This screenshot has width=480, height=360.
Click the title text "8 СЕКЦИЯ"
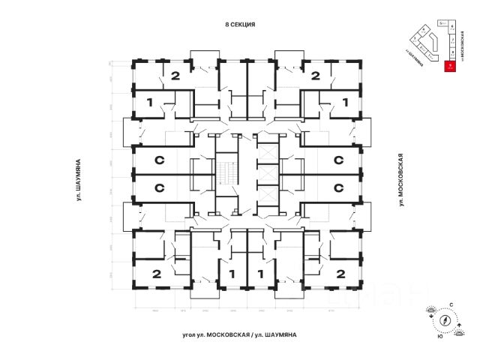point(241,24)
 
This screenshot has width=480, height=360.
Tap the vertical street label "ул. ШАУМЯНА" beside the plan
point(78,179)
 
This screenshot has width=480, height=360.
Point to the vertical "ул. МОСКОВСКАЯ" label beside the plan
point(402,179)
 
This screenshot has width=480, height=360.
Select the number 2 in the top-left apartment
point(175,75)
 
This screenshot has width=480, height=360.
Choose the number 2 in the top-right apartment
point(315,75)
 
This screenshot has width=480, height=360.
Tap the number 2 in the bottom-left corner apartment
point(157,273)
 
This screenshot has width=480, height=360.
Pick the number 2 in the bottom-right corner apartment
point(340,273)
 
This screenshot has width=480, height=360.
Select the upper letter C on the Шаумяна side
point(159,160)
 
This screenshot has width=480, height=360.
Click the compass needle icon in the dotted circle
point(445,319)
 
